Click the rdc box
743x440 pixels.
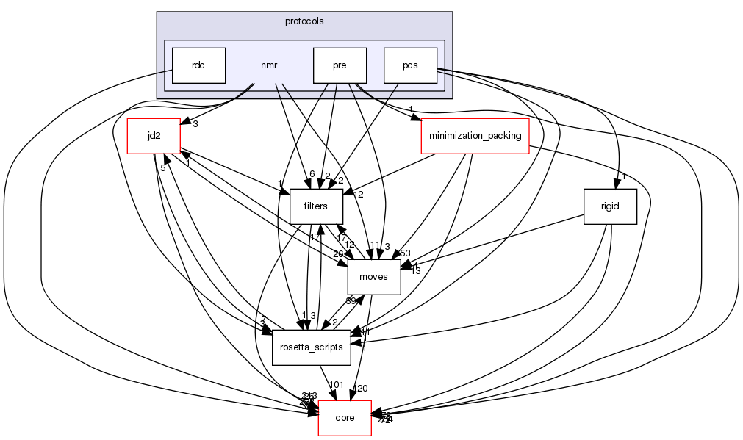[198, 65]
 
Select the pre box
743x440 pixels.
[339, 65]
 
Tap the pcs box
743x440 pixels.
[410, 65]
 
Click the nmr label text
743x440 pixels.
[269, 65]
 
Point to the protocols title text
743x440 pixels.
[304, 21]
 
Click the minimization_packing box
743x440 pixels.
[475, 136]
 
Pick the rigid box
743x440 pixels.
[609, 206]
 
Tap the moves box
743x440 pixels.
[374, 277]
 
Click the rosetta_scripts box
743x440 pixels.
[312, 347]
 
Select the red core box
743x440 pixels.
[345, 418]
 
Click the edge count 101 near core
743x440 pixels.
[337, 385]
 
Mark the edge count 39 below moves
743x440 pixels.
[352, 300]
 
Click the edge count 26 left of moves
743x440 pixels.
[339, 255]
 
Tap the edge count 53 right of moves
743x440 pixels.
[404, 253]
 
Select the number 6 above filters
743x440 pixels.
[312, 174]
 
